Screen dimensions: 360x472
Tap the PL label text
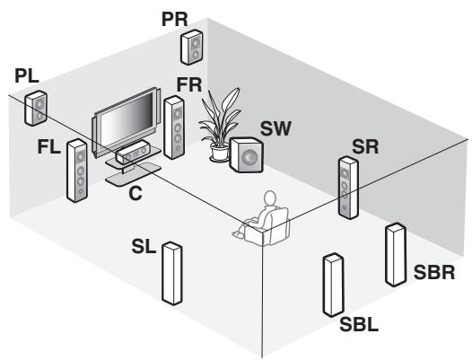click(28, 78)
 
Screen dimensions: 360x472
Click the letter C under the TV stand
click(135, 191)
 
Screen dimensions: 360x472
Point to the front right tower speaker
click(174, 127)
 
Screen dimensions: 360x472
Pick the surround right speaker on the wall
click(347, 188)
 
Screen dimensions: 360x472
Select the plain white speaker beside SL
click(172, 274)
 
